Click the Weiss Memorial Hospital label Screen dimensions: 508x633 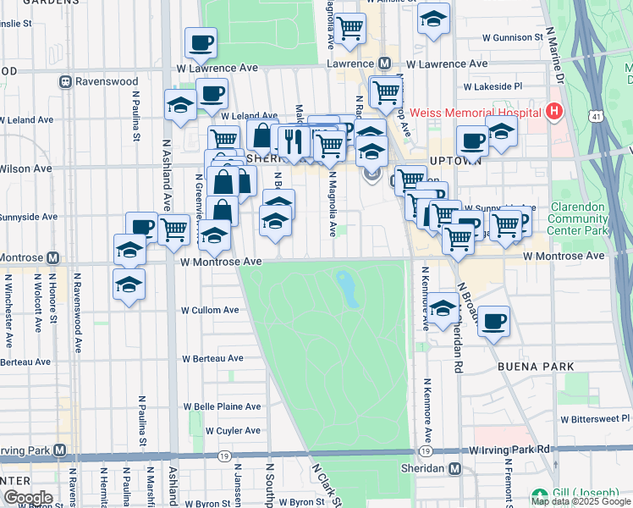click(x=475, y=113)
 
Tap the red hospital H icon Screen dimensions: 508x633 click(x=554, y=111)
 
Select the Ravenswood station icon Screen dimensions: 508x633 click(x=65, y=82)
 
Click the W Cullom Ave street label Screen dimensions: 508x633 click(x=209, y=310)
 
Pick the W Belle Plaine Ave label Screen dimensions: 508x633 click(x=227, y=406)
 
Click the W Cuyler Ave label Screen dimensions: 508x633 click(x=218, y=430)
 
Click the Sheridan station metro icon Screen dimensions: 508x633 click(x=455, y=469)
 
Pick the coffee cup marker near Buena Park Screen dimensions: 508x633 click(x=493, y=322)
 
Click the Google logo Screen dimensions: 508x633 click(x=28, y=498)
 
